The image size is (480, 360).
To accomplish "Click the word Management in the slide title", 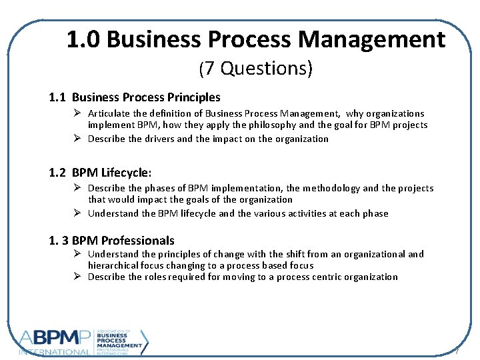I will click(371, 40).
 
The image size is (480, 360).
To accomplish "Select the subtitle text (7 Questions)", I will click(256, 68).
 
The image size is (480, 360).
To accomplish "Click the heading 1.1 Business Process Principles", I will click(135, 97).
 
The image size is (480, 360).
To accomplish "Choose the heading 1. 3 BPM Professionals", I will click(112, 241).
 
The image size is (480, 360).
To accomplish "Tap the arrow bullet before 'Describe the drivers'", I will click(77, 139).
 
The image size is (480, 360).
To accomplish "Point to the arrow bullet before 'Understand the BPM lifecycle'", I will click(77, 213).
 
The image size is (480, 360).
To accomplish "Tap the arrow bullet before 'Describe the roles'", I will click(77, 277).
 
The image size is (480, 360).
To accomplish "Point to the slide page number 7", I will click(457, 351).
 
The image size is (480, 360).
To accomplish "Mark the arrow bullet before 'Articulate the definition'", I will click(77, 113).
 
